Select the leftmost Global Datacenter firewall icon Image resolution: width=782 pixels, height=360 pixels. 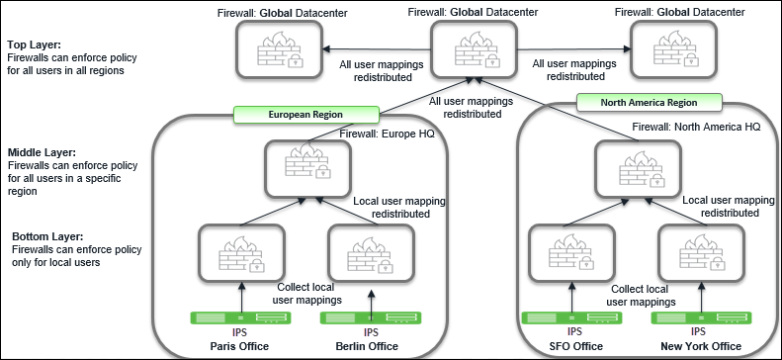click(274, 50)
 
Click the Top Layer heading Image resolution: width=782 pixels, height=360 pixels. click(34, 45)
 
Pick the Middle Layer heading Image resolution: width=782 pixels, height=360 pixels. click(39, 153)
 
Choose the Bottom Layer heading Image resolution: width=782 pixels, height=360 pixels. click(41, 238)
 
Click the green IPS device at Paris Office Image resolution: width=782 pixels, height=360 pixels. click(237, 317)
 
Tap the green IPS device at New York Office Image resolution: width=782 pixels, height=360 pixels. click(697, 317)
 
